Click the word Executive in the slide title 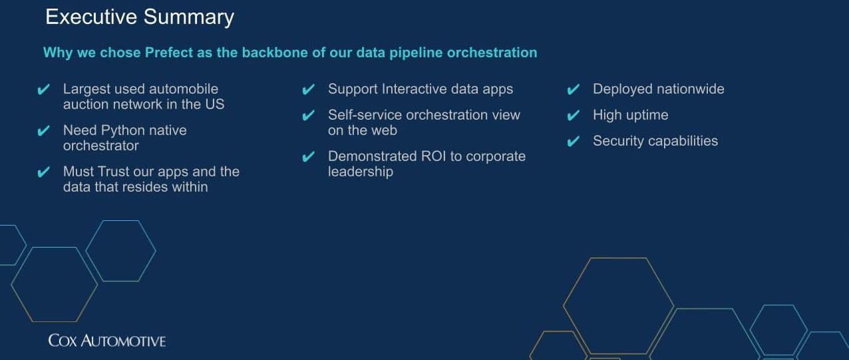(x=91, y=17)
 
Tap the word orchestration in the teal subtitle (x=492, y=53)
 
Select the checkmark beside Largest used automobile (x=44, y=89)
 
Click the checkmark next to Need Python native (x=44, y=130)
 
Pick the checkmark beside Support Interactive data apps (x=309, y=89)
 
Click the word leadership (x=361, y=172)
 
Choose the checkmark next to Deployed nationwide (x=574, y=89)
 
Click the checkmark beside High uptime (x=574, y=115)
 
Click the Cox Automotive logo (x=107, y=341)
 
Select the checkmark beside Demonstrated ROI (x=309, y=156)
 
